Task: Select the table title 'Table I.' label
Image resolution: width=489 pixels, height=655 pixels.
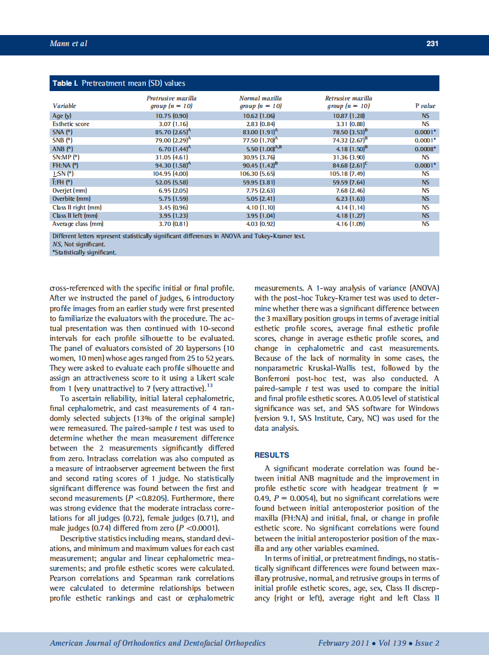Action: click(65, 83)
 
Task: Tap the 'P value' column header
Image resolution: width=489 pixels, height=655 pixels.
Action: click(425, 106)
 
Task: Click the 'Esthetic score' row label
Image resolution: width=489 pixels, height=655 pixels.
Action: click(71, 124)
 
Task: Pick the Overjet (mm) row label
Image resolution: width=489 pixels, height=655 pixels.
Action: click(69, 190)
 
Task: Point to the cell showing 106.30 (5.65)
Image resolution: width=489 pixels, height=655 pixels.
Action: click(260, 174)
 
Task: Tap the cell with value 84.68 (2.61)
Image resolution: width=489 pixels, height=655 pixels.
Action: click(348, 166)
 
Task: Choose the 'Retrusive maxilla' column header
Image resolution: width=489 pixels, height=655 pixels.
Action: click(348, 98)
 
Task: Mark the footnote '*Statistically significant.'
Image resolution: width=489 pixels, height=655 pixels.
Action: click(85, 252)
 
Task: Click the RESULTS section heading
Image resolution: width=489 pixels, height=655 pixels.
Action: click(271, 455)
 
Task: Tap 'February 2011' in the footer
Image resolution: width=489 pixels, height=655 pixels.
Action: click(343, 643)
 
